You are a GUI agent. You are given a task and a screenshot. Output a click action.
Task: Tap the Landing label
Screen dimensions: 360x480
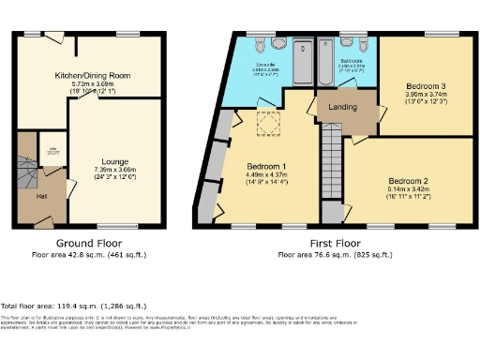pos(343,108)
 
